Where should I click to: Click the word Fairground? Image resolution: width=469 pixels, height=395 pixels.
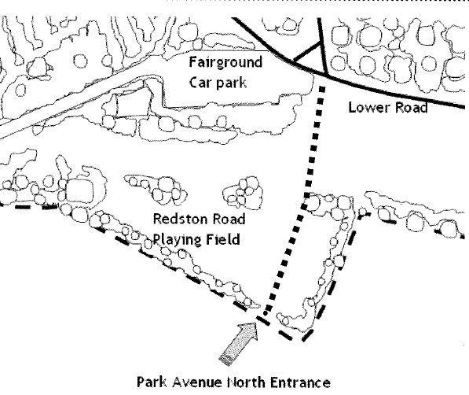point(225,63)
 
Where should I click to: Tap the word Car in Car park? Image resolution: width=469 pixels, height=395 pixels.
point(200,83)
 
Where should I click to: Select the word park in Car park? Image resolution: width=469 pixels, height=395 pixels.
point(231,83)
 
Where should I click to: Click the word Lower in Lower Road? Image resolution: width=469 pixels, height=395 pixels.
point(367,107)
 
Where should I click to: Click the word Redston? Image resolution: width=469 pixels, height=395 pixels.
point(180,219)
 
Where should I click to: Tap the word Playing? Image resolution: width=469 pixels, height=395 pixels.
point(178,240)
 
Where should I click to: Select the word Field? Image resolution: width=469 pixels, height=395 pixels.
point(223,239)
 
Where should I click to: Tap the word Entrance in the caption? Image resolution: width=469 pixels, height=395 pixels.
point(300,382)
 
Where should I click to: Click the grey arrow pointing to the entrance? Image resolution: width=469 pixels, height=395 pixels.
point(238,343)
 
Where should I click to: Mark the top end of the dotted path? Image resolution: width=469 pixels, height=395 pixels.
point(322,87)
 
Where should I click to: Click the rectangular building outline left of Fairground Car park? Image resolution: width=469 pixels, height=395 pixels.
point(132,105)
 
